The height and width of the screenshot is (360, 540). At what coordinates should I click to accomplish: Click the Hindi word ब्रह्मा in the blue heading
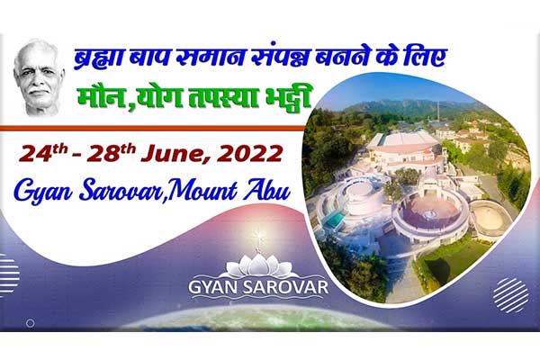[x=98, y=58]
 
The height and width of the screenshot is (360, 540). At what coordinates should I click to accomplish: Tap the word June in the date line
[x=175, y=154]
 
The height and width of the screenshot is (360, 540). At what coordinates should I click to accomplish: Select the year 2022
[x=249, y=154]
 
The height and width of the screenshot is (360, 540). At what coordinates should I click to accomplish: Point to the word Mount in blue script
[x=203, y=191]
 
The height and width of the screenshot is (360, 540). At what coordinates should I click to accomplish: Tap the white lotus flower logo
[x=258, y=265]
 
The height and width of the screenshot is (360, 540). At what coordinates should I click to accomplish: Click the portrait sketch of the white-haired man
[x=39, y=77]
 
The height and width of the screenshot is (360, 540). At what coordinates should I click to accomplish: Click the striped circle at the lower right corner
[x=510, y=295]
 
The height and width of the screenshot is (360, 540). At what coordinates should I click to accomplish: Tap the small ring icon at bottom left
[x=31, y=323]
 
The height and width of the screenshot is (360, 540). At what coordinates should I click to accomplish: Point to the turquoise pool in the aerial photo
[x=335, y=219]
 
